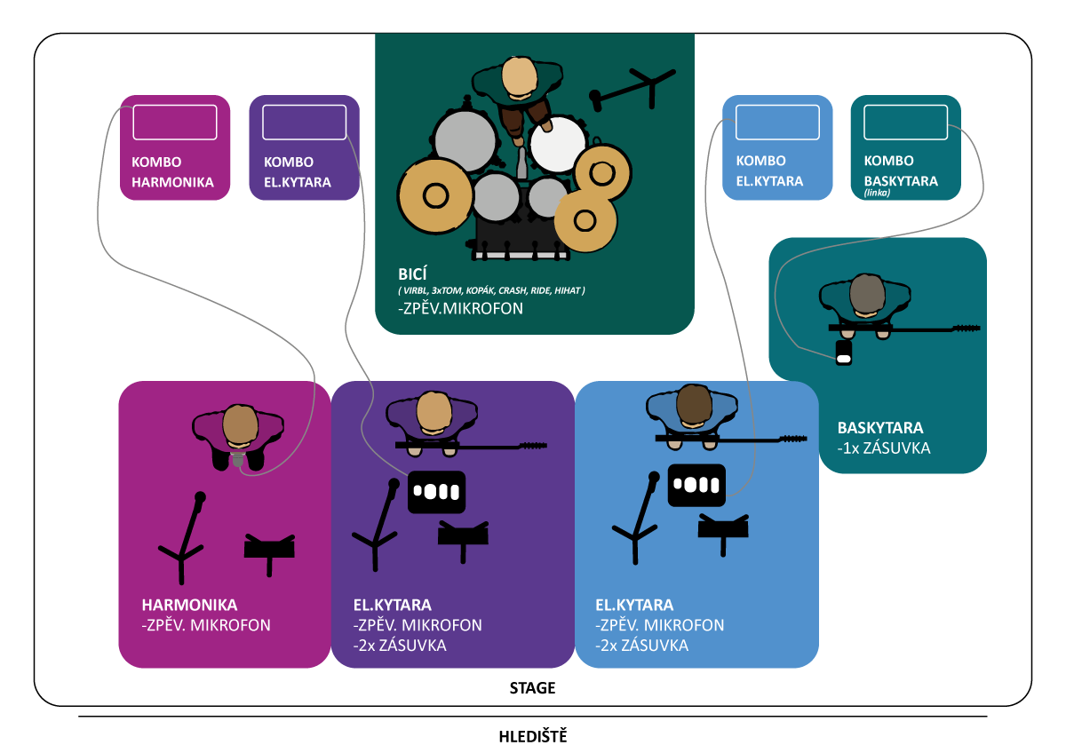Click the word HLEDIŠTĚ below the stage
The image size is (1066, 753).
click(532, 736)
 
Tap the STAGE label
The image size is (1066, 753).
click(532, 688)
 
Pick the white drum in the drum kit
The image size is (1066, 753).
click(558, 144)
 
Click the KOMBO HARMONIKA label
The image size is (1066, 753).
click(173, 172)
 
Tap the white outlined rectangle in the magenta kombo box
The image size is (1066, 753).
click(175, 122)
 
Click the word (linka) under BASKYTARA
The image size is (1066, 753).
click(877, 193)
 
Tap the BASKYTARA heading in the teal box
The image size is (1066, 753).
click(879, 427)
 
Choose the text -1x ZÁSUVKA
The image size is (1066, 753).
click(883, 448)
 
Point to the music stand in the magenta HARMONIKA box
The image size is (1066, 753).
click(269, 548)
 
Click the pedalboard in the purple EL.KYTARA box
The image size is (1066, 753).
click(437, 491)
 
